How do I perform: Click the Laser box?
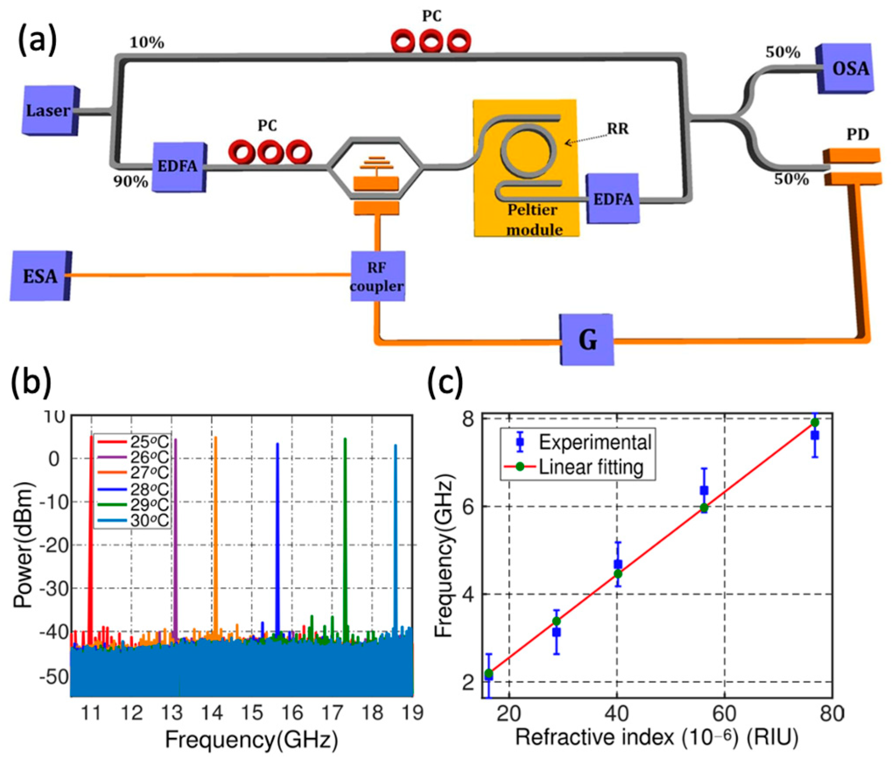pyautogui.click(x=48, y=111)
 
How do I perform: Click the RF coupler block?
pyautogui.click(x=377, y=277)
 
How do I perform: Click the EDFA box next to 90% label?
pyautogui.click(x=178, y=166)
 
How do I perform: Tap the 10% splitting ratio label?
pyautogui.click(x=147, y=43)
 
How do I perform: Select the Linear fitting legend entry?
pyautogui.click(x=591, y=467)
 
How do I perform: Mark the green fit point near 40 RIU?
pyautogui.click(x=618, y=574)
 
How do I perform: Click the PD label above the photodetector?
pyautogui.click(x=857, y=135)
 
